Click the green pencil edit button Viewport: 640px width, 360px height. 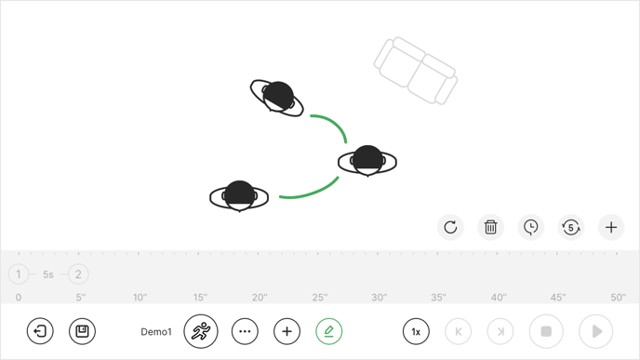pos(328,331)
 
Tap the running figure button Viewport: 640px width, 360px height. pos(201,331)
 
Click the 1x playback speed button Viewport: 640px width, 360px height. pos(416,331)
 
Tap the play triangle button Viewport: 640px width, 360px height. pos(596,331)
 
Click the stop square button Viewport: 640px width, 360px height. pos(546,331)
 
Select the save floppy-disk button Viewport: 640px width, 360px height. pos(82,331)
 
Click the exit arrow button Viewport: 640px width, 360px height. pos(40,331)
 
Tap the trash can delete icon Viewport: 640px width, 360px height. pos(490,227)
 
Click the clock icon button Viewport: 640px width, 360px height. pos(530,227)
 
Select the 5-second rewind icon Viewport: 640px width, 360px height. pos(570,227)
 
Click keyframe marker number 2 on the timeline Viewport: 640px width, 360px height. pos(78,274)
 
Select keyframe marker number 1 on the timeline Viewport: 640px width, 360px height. pos(19,274)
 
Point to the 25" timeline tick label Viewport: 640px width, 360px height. pos(320,298)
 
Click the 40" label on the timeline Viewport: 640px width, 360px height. pos(499,298)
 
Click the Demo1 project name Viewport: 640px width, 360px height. pos(156,332)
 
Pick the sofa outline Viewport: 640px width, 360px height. pos(416,71)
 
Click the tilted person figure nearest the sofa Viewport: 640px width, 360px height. pos(276,98)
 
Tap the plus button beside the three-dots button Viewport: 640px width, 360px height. pos(287,331)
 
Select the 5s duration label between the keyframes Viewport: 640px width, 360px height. pos(48,274)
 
